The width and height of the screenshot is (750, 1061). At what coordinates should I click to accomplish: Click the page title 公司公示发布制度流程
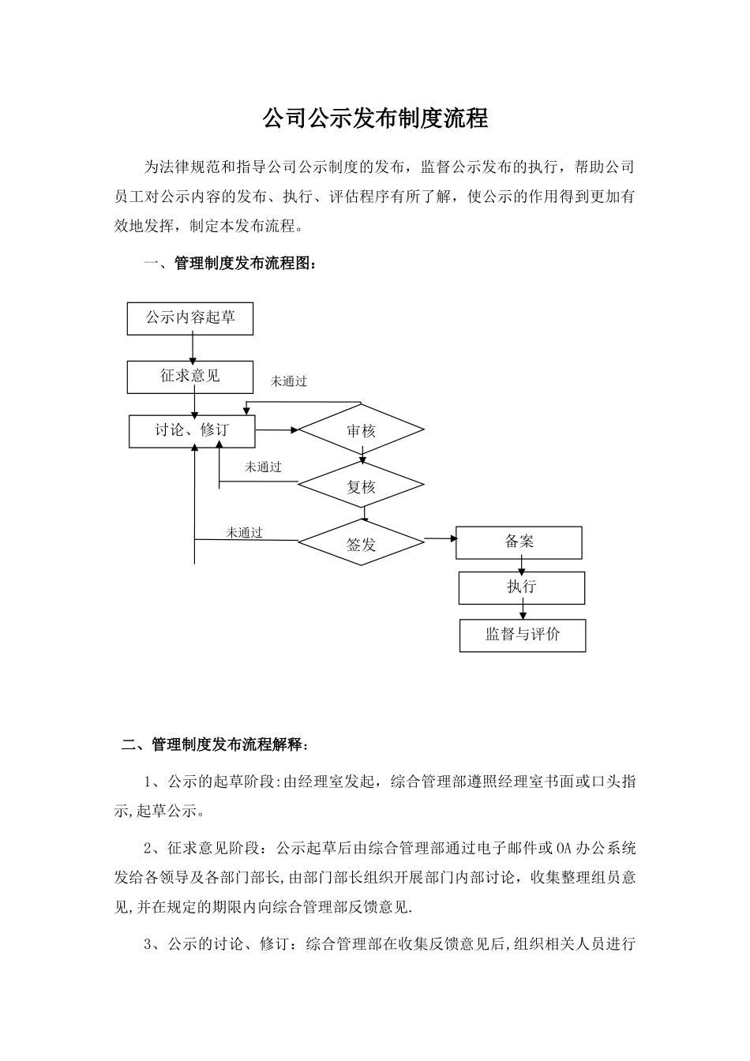coord(375,119)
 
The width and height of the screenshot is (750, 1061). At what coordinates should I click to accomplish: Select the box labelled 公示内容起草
coord(190,318)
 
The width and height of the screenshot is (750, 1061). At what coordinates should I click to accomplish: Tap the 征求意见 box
coord(190,377)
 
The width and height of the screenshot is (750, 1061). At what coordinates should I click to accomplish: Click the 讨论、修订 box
coord(192,431)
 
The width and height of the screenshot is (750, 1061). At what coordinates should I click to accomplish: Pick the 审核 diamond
coord(362,430)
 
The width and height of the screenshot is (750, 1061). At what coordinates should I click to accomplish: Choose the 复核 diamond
coord(362,487)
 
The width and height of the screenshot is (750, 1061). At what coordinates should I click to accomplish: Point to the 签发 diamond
coord(362,544)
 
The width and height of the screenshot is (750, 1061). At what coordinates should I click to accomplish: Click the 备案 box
coord(519,542)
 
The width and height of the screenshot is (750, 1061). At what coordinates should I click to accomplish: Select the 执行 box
coord(522,587)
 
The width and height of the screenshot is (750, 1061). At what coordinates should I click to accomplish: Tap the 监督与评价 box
coord(523,635)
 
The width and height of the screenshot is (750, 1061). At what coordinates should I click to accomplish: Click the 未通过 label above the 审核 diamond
coord(289,381)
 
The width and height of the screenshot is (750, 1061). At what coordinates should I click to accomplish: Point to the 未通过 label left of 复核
coord(263,467)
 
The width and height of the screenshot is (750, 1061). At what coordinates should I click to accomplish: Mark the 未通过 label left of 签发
coord(244,533)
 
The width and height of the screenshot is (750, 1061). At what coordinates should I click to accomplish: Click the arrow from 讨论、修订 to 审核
coord(276,430)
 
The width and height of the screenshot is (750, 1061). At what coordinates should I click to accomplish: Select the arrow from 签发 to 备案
coord(441,539)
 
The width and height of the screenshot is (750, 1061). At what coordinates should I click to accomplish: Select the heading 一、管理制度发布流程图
coord(234,264)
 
